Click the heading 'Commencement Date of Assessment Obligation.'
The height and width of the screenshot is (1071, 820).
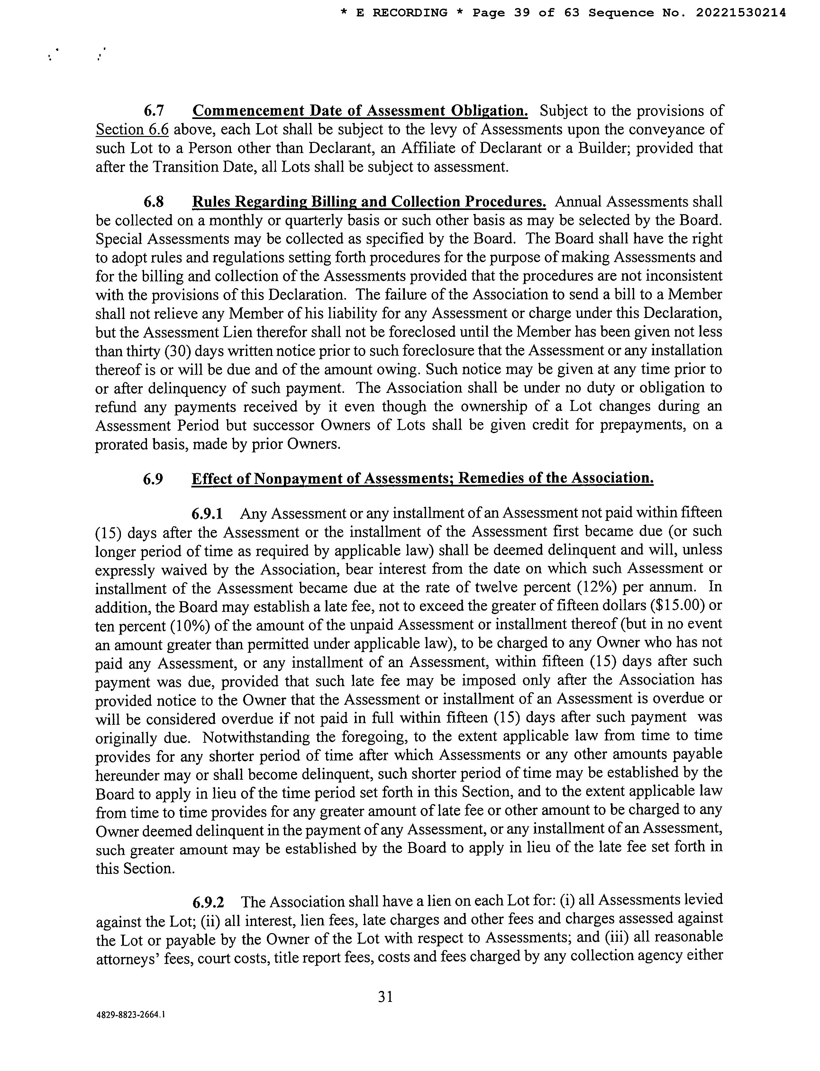point(360,111)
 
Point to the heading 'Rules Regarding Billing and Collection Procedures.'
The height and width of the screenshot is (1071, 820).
point(369,202)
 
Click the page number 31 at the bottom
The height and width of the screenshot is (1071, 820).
point(386,996)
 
